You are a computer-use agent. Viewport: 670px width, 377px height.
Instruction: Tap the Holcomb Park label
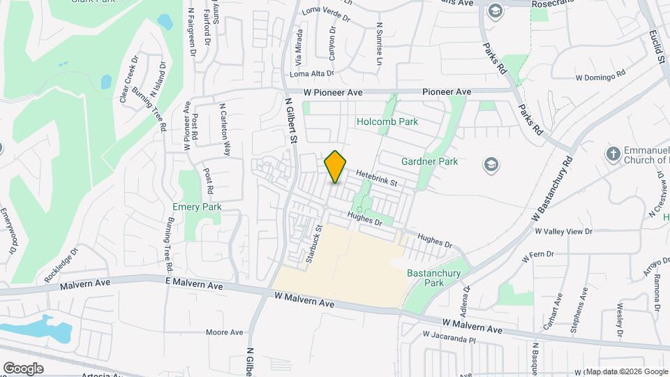[x=387, y=121]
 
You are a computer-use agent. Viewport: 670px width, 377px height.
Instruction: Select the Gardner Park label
[x=429, y=161]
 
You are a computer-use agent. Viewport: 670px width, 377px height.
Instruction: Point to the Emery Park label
[x=197, y=207]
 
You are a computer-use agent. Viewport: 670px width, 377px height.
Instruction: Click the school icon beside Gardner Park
[x=491, y=164]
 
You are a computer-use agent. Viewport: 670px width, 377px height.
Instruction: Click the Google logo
[x=23, y=368]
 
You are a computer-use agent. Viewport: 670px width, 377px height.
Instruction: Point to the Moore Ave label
[x=225, y=332]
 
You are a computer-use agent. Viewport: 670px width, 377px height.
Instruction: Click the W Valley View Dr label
[x=563, y=231]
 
